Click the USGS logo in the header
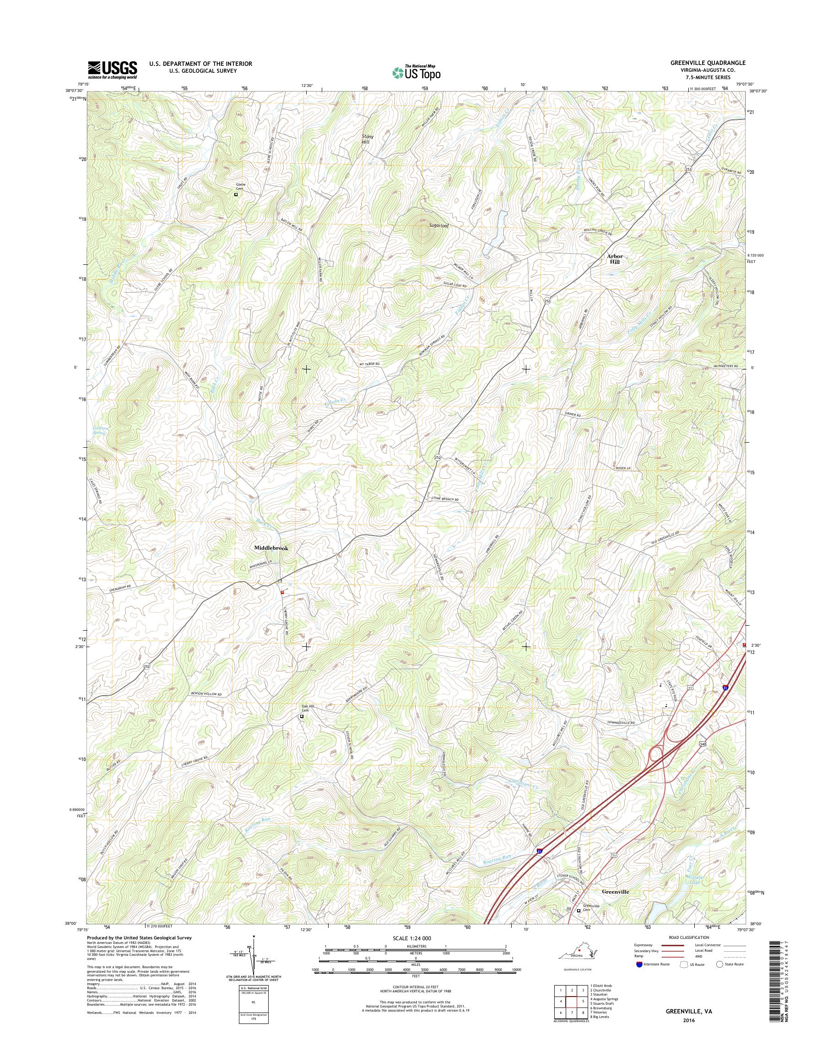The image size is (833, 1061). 112,70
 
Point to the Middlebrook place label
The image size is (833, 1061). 270,548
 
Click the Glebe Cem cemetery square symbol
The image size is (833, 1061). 236,194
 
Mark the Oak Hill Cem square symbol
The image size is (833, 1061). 302,717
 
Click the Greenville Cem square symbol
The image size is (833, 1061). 579,911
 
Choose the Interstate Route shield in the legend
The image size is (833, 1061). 639,964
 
